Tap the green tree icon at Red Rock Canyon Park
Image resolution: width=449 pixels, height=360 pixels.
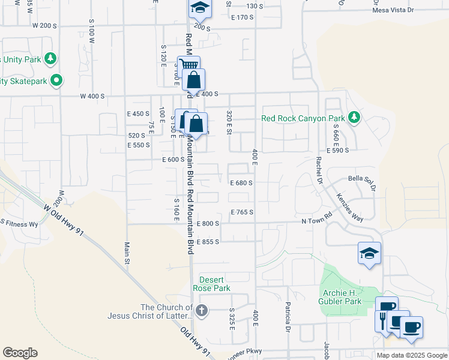354,116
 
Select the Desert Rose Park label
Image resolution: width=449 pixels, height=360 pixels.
211,284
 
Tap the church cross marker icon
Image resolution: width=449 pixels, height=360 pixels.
202,310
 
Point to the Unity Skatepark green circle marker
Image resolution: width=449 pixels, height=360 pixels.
56,80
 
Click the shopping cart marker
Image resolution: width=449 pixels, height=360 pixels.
188,66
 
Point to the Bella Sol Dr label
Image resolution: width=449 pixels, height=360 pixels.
363,183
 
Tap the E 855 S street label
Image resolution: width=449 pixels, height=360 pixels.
208,242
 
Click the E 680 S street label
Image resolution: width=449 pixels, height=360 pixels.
241,183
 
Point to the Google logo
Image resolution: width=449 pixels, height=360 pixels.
20,353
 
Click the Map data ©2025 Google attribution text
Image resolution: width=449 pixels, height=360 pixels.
411,355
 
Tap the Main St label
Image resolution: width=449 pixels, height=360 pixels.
127,254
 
